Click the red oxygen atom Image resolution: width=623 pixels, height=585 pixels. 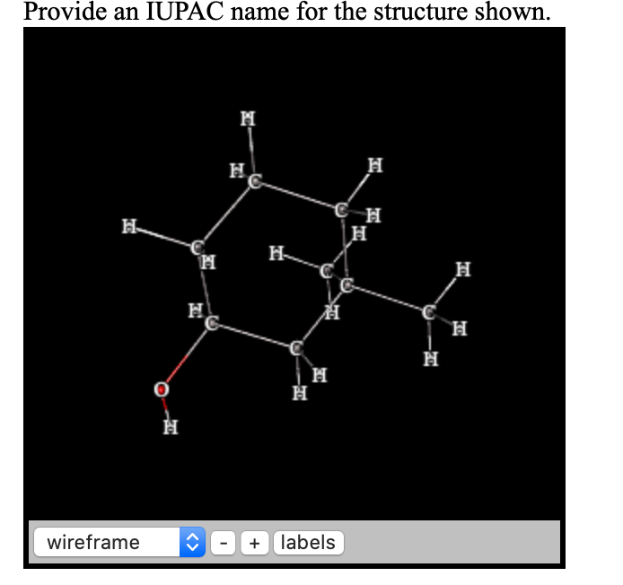click(x=161, y=390)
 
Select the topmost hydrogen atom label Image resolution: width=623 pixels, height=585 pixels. click(x=249, y=118)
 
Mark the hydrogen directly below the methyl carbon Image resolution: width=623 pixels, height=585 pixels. click(x=432, y=360)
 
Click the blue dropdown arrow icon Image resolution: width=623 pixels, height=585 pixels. click(x=192, y=542)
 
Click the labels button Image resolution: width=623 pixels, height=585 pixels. click(x=308, y=542)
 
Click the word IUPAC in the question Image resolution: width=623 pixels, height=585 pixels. click(x=174, y=12)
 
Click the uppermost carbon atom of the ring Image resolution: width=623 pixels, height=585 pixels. click(x=255, y=183)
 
